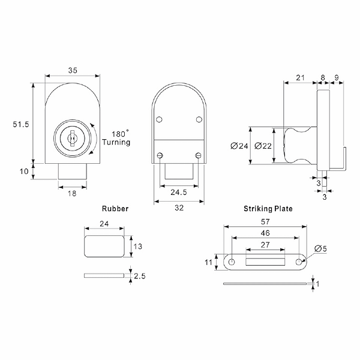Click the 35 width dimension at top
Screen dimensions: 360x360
pos(73,70)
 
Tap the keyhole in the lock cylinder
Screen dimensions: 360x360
pos(71,139)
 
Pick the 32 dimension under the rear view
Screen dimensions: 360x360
pos(179,209)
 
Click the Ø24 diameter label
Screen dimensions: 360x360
pos(239,146)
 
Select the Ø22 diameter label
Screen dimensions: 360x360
pos(262,146)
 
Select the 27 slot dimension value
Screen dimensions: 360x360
pos(265,244)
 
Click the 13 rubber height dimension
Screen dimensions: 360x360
pos(138,246)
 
